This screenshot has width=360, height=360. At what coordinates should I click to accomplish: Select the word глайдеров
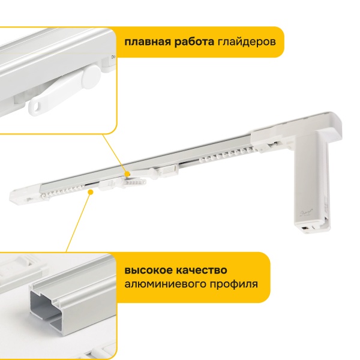point(247,43)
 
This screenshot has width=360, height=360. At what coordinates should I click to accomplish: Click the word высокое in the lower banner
point(148,270)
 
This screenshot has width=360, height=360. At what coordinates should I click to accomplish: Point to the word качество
point(202,270)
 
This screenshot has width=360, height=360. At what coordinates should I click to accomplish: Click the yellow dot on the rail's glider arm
point(127,174)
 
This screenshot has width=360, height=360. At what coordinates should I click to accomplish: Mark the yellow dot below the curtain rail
point(91,192)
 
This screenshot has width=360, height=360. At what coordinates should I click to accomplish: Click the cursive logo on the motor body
point(306,212)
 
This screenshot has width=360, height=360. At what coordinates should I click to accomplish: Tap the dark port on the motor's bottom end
point(305,229)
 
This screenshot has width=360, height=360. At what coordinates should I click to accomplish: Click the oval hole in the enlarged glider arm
point(37,106)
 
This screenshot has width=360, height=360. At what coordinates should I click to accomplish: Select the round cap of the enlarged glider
point(91,76)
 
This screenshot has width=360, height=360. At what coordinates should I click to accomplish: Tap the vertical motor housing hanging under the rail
point(311,181)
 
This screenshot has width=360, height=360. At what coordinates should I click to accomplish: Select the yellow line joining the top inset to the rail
point(115,154)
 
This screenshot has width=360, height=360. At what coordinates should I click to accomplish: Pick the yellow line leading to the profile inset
point(79,221)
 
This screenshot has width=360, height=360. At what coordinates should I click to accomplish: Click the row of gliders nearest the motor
point(228,154)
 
